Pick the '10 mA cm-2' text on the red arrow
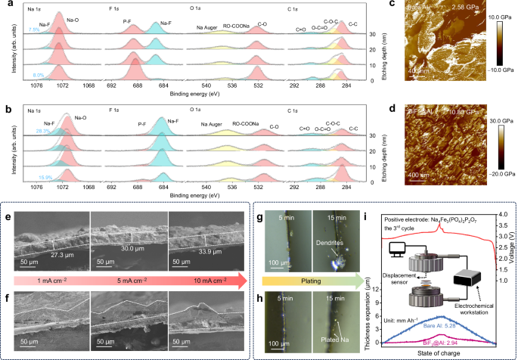click(x=211, y=284)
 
